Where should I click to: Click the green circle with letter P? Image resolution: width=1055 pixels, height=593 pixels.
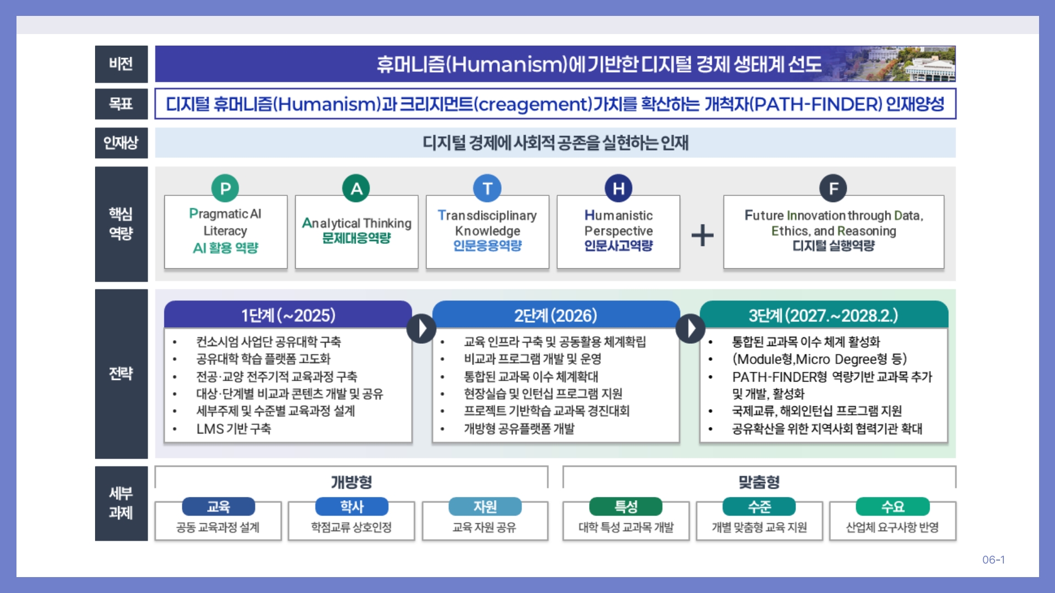pyautogui.click(x=225, y=188)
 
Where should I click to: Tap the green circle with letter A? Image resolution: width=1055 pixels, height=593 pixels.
pyautogui.click(x=356, y=188)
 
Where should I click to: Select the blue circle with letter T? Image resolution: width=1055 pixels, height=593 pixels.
pyautogui.click(x=487, y=188)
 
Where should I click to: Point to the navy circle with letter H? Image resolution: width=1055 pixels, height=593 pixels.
pyautogui.click(x=618, y=188)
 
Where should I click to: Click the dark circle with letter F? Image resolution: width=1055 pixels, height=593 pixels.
pyautogui.click(x=833, y=188)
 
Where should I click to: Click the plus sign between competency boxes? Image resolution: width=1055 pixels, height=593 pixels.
pyautogui.click(x=702, y=236)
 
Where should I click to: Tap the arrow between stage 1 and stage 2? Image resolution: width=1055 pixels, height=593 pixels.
pyautogui.click(x=421, y=328)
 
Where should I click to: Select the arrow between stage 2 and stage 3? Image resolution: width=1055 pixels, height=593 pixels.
pyautogui.click(x=690, y=328)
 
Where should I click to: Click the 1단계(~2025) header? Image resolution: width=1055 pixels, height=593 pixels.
pyautogui.click(x=288, y=315)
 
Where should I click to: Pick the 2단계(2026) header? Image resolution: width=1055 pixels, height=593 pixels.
pyautogui.click(x=556, y=315)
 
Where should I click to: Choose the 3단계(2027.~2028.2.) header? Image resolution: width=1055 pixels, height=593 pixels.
pyautogui.click(x=823, y=315)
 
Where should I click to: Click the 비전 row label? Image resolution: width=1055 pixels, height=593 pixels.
pyautogui.click(x=121, y=64)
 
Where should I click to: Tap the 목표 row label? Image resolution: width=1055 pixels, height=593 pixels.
pyautogui.click(x=121, y=104)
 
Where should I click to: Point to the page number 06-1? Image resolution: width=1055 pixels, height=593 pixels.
pyautogui.click(x=993, y=560)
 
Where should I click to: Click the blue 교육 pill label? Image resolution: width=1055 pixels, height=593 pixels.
pyautogui.click(x=218, y=506)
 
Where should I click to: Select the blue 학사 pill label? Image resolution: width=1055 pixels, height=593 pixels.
pyautogui.click(x=352, y=506)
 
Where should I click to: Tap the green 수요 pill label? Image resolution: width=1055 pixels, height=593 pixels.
pyautogui.click(x=892, y=506)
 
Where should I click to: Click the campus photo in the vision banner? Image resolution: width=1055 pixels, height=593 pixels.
pyautogui.click(x=912, y=64)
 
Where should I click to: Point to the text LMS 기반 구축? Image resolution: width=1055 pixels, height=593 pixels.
pyautogui.click(x=234, y=428)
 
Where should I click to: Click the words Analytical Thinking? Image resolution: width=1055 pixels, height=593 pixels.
pyautogui.click(x=357, y=223)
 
